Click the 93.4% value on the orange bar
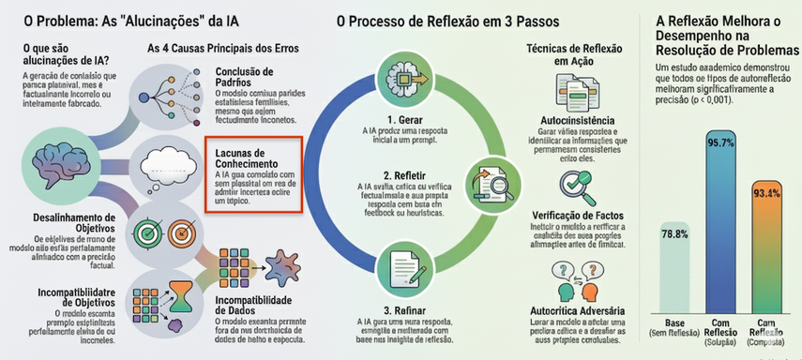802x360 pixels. coord(766,192)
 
